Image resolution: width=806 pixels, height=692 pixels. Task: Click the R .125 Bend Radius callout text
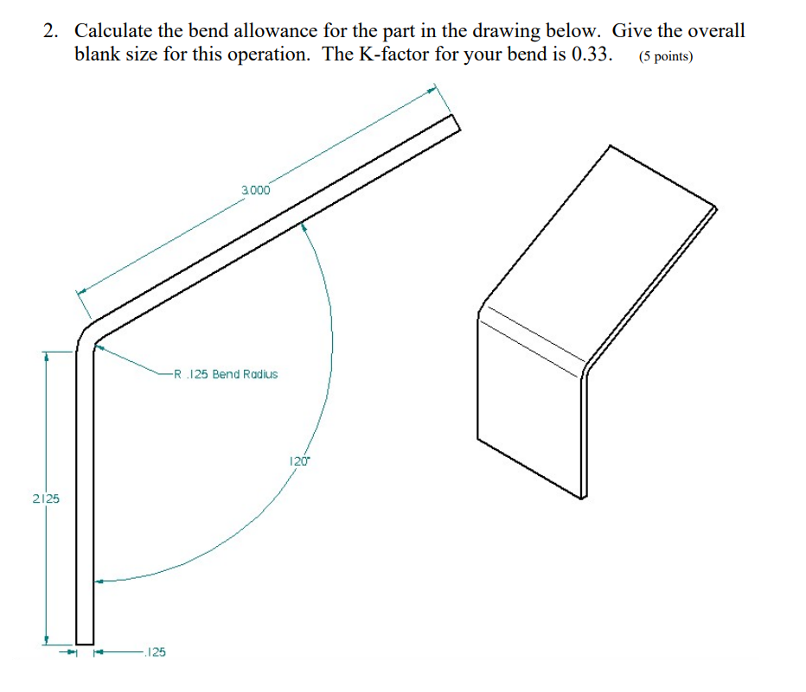(x=226, y=375)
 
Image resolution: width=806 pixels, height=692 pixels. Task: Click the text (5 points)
(x=666, y=58)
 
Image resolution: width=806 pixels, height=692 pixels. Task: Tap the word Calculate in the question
(x=112, y=31)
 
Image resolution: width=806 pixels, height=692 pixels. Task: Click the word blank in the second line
(x=98, y=56)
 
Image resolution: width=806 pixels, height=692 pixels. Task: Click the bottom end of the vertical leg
(x=85, y=639)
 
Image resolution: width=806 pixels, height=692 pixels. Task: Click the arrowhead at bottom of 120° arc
(x=99, y=581)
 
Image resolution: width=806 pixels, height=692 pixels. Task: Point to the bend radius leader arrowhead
(x=99, y=347)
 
